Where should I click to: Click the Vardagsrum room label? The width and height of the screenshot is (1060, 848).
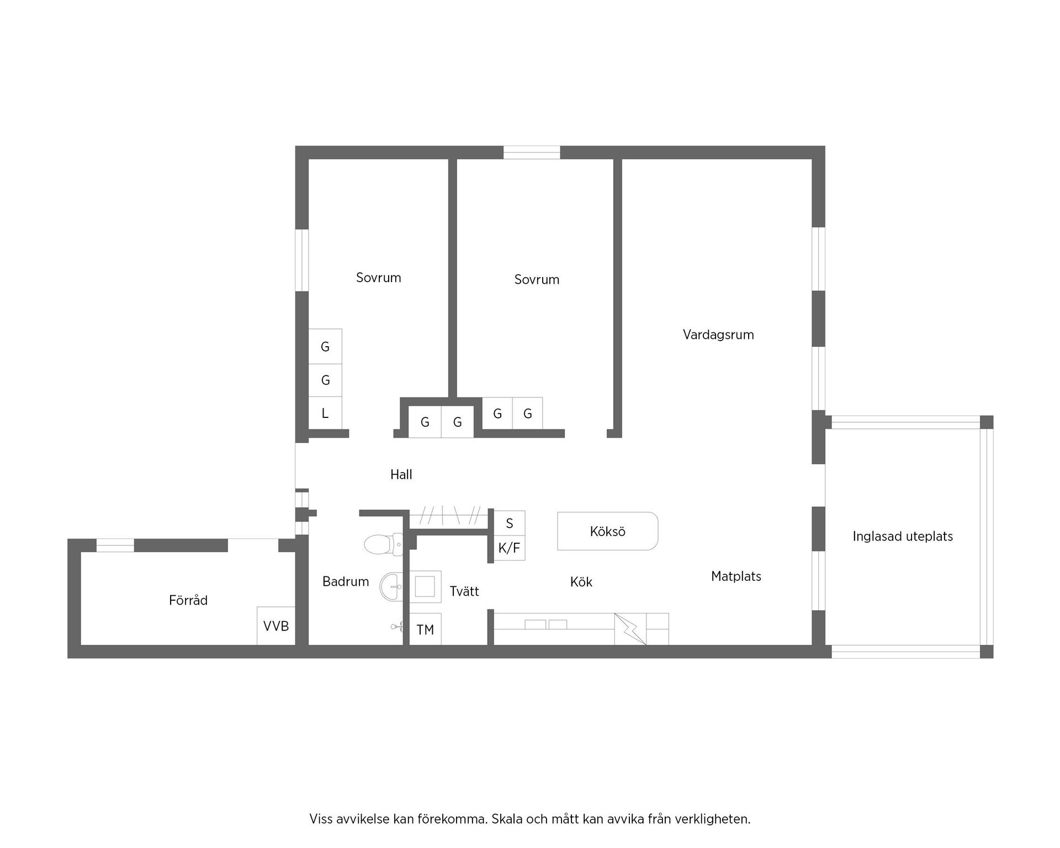[x=718, y=335]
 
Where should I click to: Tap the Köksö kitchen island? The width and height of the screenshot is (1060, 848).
[x=607, y=531]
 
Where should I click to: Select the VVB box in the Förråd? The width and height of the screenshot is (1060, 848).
[x=275, y=626]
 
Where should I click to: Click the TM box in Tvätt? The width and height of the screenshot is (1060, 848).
[x=425, y=629]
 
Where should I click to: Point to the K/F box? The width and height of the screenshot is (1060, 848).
[x=509, y=548]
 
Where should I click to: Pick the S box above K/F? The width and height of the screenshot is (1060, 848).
[x=509, y=523]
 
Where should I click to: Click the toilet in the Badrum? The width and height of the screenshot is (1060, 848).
[x=383, y=544]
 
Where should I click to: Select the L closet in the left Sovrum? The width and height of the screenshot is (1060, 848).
[x=325, y=413]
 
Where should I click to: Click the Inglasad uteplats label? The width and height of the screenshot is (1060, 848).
[x=902, y=536]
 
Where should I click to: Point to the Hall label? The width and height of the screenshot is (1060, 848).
[x=401, y=474]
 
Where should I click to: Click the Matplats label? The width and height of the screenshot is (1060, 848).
[x=736, y=576]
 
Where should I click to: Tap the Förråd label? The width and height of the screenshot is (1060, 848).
[x=188, y=600]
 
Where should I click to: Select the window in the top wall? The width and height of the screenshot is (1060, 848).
[x=531, y=152]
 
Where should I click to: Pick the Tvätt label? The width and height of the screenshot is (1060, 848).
[x=464, y=591]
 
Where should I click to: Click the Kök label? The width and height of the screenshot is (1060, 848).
[x=581, y=582]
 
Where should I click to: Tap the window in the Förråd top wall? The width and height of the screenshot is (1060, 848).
[x=115, y=545]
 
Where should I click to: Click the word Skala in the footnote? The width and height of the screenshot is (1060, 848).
[x=507, y=819]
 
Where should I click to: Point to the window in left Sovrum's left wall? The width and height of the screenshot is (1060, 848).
[x=301, y=259]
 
